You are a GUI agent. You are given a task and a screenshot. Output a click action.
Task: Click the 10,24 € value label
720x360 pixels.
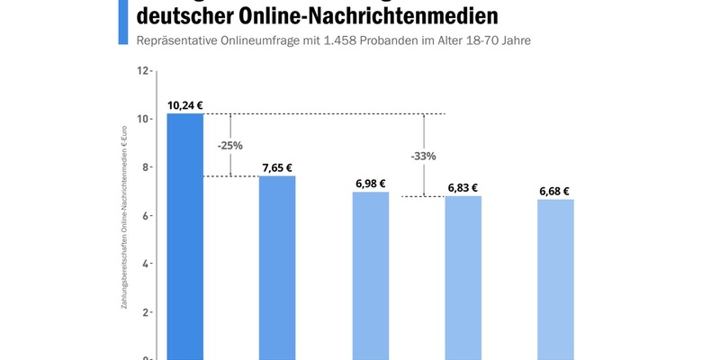pyautogui.click(x=185, y=104)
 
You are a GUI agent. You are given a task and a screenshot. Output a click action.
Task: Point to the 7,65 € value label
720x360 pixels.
pyautogui.click(x=277, y=167)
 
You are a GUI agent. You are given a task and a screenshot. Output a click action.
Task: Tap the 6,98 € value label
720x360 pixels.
pyautogui.click(x=370, y=184)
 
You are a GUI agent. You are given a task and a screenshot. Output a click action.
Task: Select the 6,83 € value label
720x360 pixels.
pyautogui.click(x=463, y=187)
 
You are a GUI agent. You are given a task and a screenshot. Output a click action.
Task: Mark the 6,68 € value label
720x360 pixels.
pyautogui.click(x=555, y=191)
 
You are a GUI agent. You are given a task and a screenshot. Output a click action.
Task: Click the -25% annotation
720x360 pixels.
pyautogui.click(x=230, y=145)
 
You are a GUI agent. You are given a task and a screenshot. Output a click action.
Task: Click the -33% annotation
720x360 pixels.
pyautogui.click(x=423, y=156)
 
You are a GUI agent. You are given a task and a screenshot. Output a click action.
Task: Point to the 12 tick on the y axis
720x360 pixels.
pyautogui.click(x=142, y=70)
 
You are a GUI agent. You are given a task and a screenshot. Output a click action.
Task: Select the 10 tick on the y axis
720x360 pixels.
pyautogui.click(x=142, y=119)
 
